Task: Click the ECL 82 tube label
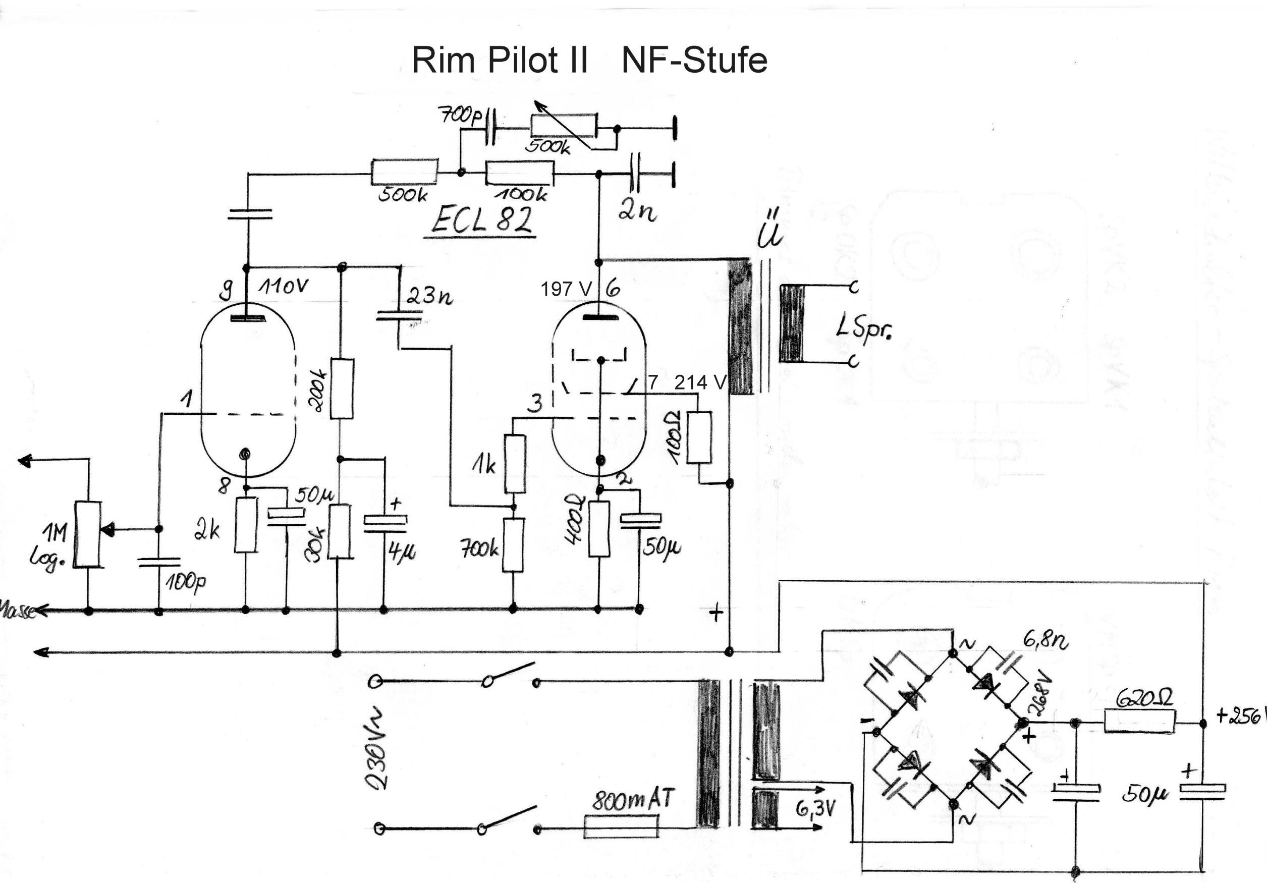(x=481, y=219)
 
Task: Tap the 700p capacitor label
(x=459, y=116)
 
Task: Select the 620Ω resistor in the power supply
(x=1139, y=722)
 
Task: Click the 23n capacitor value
(x=429, y=296)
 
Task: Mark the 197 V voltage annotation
(x=566, y=289)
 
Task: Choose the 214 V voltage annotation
(x=700, y=382)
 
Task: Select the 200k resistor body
(x=342, y=389)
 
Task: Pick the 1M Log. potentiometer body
(x=88, y=534)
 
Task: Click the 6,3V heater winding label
(x=815, y=810)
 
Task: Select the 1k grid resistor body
(x=515, y=464)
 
